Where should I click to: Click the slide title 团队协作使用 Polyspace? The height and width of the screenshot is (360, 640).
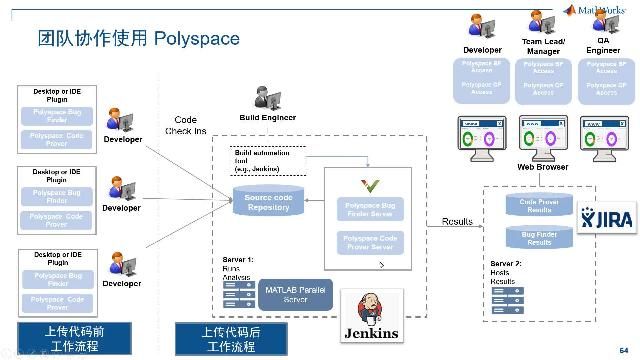tap(138, 39)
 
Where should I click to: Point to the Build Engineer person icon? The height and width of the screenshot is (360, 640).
tap(268, 98)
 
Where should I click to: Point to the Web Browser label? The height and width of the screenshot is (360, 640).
tap(542, 167)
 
